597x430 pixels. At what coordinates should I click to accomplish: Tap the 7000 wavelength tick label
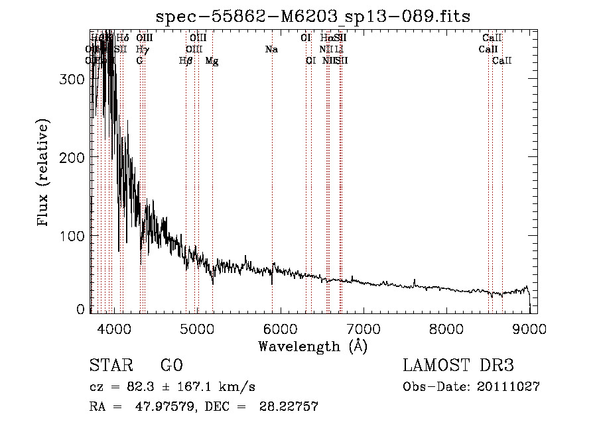[x=364, y=328]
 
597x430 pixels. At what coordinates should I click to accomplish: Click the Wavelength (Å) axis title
[x=312, y=346]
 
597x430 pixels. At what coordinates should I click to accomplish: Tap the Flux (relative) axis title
[x=44, y=174]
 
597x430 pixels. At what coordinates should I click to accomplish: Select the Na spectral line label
[x=271, y=50]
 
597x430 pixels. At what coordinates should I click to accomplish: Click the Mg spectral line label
[x=212, y=61]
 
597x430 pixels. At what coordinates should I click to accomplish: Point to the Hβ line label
[x=186, y=61]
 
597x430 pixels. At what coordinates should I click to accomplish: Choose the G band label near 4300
[x=139, y=61]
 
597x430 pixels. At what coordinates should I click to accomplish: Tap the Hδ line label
[x=123, y=38]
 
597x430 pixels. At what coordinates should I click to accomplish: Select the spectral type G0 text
[x=171, y=366]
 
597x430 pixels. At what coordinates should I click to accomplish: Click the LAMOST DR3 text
[x=458, y=366]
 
